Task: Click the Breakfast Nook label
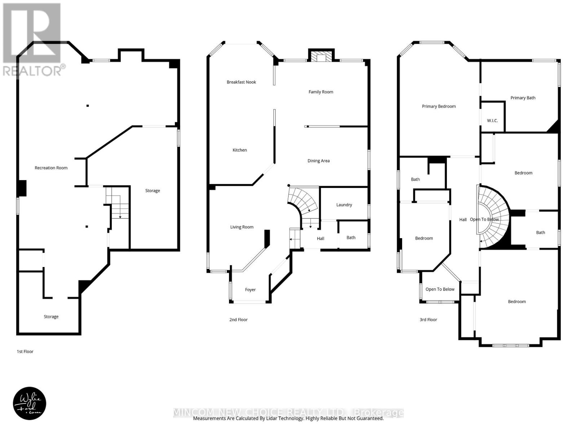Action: coord(241,82)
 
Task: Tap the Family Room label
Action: coord(321,92)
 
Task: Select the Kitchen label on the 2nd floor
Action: coord(239,150)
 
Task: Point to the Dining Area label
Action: coord(318,161)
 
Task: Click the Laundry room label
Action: coord(344,205)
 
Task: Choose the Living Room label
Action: coord(242,227)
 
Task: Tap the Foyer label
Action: coord(250,290)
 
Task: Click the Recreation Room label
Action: coord(51,168)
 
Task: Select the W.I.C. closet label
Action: coord(492,121)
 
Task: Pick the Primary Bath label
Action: coord(523,98)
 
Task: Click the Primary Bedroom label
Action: coord(439,106)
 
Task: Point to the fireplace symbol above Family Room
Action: coord(321,57)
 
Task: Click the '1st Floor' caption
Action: coord(25,351)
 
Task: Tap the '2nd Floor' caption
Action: coord(238,320)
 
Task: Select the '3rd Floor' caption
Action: coord(428,320)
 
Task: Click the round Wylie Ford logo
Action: coord(30,404)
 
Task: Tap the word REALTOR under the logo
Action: coord(32,71)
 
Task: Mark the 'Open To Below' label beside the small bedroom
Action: coord(440,289)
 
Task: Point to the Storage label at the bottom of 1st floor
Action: coord(51,317)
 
